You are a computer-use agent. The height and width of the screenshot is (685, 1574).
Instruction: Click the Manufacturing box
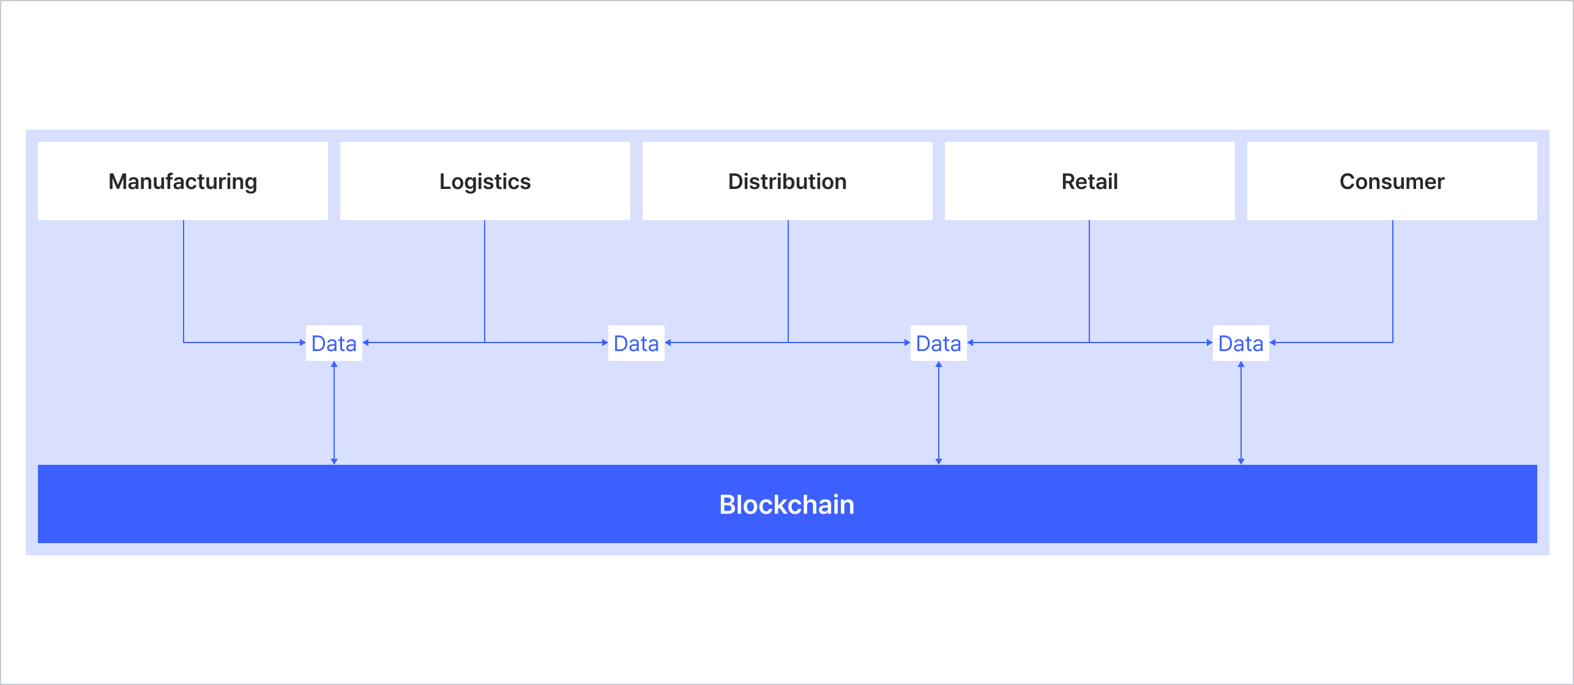[x=182, y=181]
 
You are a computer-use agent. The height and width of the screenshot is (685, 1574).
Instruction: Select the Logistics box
[x=485, y=181]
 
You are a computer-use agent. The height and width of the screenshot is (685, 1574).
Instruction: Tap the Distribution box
[x=787, y=181]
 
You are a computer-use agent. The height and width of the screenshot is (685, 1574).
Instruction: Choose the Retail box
[x=1089, y=181]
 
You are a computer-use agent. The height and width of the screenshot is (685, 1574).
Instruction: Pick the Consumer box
[x=1392, y=181]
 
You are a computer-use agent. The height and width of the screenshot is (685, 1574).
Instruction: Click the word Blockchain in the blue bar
[x=786, y=505]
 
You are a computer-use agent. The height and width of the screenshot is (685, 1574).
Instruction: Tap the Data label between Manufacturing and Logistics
[x=334, y=343]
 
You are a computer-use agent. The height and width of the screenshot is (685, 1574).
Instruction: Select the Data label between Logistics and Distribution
[x=636, y=343]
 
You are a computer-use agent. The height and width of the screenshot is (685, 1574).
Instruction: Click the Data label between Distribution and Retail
[x=938, y=343]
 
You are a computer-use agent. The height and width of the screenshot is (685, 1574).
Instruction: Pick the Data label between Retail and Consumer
[x=1240, y=343]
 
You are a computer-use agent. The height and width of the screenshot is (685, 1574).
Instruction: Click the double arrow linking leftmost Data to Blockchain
[x=334, y=413]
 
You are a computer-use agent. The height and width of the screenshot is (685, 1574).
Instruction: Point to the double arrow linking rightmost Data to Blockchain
[x=1241, y=413]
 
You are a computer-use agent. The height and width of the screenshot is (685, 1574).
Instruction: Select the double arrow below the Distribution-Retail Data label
[x=939, y=413]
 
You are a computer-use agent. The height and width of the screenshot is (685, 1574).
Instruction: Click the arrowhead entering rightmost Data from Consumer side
[x=1274, y=342]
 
